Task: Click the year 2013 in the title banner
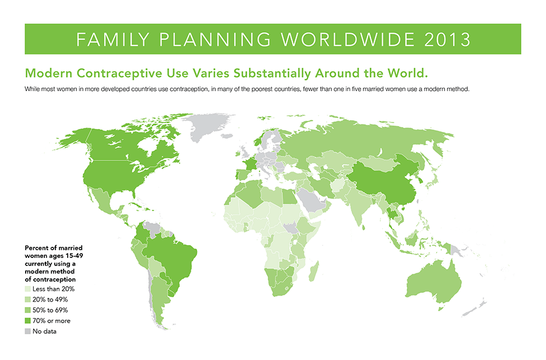447,39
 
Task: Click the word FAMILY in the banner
113,39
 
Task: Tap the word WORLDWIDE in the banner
348,39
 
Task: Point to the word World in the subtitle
406,73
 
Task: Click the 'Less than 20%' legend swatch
28,289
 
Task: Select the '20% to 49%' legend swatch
28,299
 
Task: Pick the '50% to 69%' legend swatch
28,310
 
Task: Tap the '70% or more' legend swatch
28,321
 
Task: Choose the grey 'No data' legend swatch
28,331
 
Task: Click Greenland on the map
204,125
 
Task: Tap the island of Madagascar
313,271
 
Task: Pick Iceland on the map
227,136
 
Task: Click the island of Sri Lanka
364,228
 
